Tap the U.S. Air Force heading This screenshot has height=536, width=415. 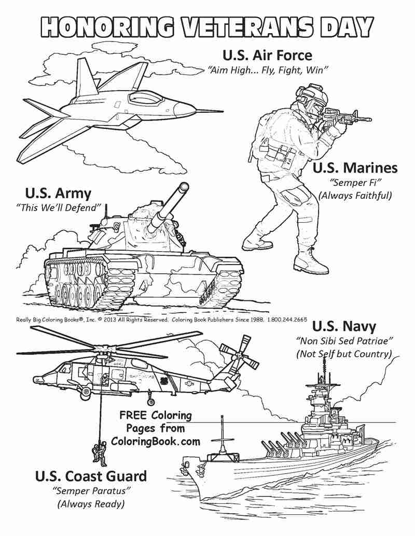267,55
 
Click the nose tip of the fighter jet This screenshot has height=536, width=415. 222,110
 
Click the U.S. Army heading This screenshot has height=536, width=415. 58,194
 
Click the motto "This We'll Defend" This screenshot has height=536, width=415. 58,208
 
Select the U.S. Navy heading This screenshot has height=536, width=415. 344,326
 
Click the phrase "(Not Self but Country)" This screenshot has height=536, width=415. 343,354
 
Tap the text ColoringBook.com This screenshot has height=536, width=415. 155,441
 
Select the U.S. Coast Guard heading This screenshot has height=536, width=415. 91,476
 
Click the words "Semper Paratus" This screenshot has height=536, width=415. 91,490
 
